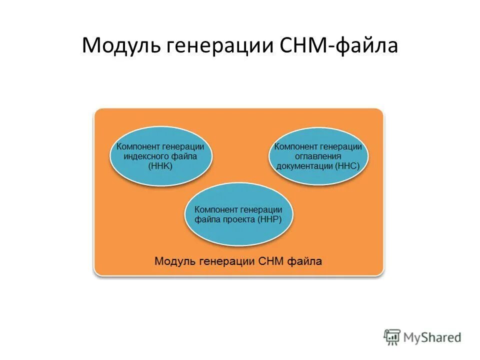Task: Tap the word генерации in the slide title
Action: click(213, 46)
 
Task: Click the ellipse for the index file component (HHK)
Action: click(160, 156)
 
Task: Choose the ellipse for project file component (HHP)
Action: click(239, 214)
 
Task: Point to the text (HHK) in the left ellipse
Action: click(160, 166)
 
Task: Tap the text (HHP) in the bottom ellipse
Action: click(269, 219)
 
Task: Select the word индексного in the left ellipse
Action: click(144, 156)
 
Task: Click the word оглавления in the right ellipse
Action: click(318, 156)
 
